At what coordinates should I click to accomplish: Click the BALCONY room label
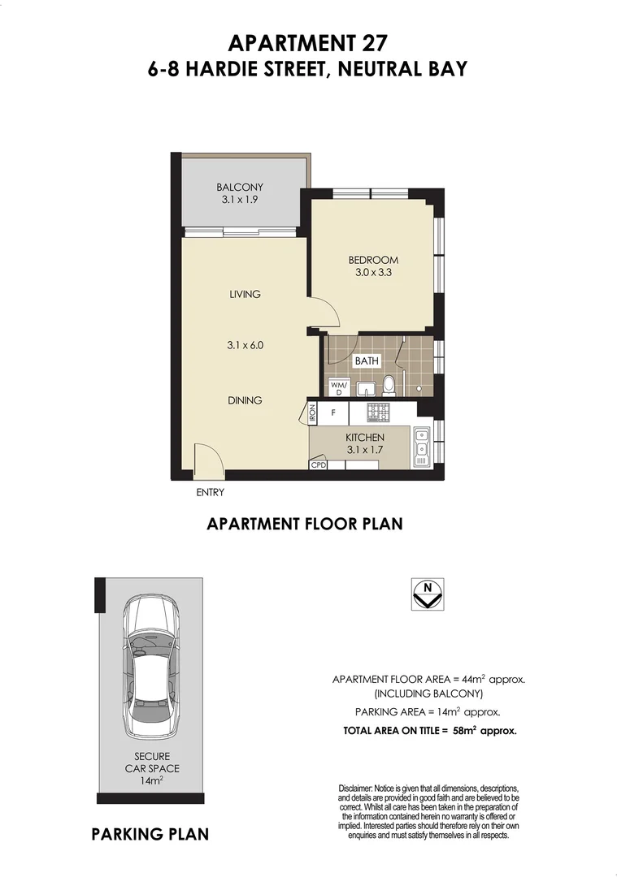point(240,187)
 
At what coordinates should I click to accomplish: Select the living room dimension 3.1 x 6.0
point(245,345)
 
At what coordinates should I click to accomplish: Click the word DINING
point(245,400)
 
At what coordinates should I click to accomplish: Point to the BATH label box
point(367,361)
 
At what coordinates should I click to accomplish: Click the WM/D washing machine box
point(338,388)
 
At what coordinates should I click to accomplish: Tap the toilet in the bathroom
point(389,384)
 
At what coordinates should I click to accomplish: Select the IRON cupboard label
point(312,413)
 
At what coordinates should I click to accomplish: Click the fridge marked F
point(333,413)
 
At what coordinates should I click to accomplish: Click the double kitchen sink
point(422,447)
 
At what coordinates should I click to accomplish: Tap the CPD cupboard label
point(318,465)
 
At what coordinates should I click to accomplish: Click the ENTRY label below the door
point(210,492)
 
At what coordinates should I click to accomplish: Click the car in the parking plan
point(151,667)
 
